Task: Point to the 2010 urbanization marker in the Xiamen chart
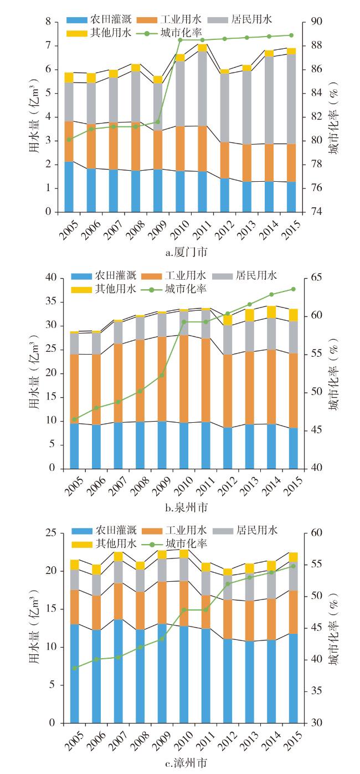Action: click(181, 40)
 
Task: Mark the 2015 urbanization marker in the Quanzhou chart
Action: click(293, 289)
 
